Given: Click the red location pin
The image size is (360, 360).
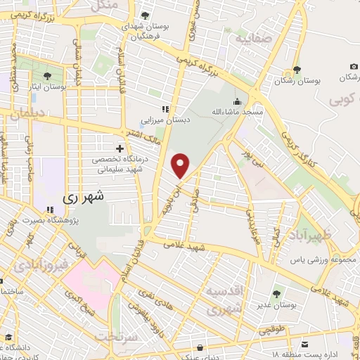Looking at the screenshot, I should (181, 166).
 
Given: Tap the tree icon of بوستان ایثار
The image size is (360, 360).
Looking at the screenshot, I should (48, 75).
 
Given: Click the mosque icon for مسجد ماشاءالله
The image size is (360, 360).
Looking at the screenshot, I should (237, 101).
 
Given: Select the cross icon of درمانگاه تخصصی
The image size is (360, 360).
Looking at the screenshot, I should (120, 148).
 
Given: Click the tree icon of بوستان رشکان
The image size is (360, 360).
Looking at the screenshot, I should (297, 69).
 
